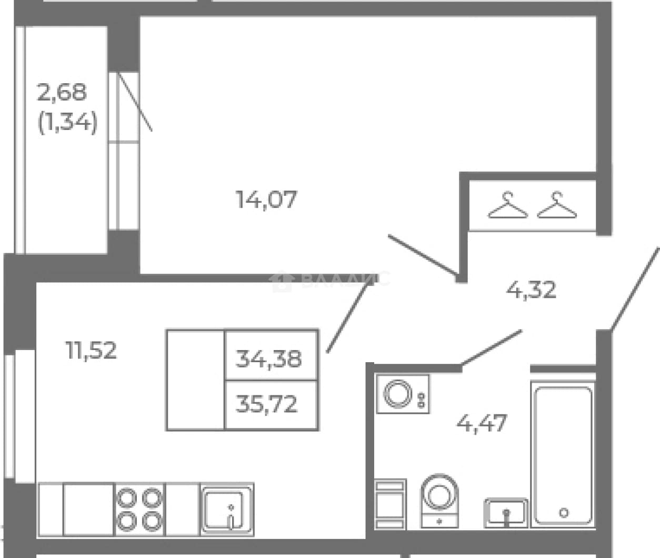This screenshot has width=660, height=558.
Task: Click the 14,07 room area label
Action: coord(266,200)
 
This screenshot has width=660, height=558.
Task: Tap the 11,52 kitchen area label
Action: coord(91,350)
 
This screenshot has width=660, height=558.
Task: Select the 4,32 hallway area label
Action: coord(532,290)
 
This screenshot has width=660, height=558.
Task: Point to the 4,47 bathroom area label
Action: coord(482,423)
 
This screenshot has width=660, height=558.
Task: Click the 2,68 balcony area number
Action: coord(62,92)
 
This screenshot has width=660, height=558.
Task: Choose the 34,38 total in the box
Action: coord(268,358)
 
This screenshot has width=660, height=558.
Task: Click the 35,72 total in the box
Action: coord(267,403)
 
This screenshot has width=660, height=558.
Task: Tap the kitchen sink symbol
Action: coord(227,509)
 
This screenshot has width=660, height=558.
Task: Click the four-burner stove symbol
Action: coord(139,509)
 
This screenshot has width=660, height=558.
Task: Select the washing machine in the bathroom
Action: coord(403,394)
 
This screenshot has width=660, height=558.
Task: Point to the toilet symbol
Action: coord(439,501)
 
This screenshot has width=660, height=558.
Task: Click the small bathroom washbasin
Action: coord(506,513)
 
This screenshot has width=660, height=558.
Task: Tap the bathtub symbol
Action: coord(563,455)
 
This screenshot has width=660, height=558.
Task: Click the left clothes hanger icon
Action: coord(508,205)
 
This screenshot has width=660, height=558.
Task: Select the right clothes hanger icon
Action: coord(557,205)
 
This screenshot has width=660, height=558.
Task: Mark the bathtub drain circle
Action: coord(564,513)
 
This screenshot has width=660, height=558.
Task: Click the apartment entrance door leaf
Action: coord(635,289)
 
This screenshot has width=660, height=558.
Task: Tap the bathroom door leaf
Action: coord(492,348)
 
